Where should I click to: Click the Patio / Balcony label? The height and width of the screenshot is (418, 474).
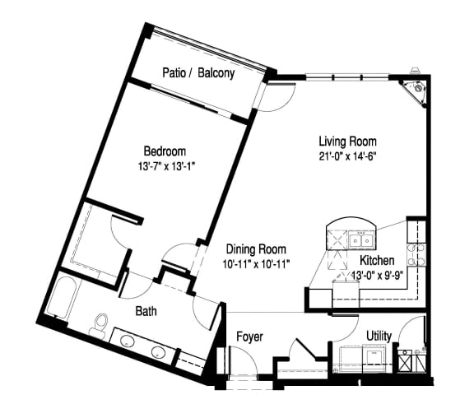tap(198, 73)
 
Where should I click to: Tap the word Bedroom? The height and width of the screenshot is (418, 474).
tap(165, 151)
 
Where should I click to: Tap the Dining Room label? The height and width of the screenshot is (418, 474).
tap(255, 249)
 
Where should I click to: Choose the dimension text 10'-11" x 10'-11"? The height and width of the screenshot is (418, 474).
tap(255, 263)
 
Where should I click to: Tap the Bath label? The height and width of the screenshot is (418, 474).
tap(146, 312)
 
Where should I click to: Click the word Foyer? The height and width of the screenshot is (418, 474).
tap(249, 337)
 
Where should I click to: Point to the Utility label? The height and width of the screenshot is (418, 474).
tap(379, 337)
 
